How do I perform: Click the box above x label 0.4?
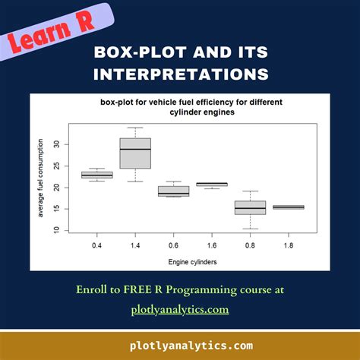(x=97, y=175)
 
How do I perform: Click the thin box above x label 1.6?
(x=212, y=184)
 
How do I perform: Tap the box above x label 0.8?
(x=251, y=207)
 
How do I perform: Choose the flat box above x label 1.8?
(x=289, y=207)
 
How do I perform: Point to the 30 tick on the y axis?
(x=65, y=144)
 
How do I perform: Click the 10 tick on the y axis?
(x=65, y=229)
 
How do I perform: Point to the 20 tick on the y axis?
(x=65, y=187)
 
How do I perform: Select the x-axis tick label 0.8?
(x=251, y=245)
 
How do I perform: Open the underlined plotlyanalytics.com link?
(x=179, y=309)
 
